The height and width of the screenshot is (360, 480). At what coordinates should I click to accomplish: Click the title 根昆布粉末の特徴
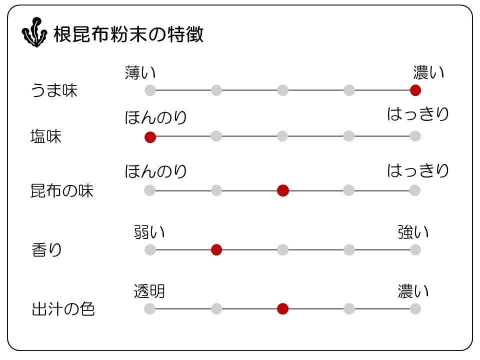(x=128, y=34)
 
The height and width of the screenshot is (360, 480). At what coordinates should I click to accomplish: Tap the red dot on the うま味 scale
(x=415, y=90)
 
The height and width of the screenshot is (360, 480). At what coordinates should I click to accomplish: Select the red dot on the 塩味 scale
(x=150, y=137)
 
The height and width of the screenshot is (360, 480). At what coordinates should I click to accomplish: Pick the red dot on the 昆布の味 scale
(x=283, y=190)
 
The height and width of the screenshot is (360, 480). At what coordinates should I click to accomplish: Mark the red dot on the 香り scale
(x=216, y=249)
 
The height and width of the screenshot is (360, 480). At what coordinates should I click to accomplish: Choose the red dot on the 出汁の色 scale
(x=283, y=308)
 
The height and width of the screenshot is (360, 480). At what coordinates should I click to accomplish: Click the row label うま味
(x=54, y=91)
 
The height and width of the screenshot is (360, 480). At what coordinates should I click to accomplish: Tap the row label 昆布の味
(x=62, y=191)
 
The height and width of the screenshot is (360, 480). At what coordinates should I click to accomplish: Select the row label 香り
(x=46, y=249)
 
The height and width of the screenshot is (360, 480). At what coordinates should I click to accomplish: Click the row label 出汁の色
(x=63, y=309)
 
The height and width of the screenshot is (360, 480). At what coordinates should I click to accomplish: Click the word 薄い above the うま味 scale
(x=140, y=73)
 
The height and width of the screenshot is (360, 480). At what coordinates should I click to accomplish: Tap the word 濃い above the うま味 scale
(x=428, y=73)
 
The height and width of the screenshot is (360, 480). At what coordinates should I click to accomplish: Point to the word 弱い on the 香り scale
(x=149, y=232)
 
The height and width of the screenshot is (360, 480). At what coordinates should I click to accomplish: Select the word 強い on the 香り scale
(x=413, y=232)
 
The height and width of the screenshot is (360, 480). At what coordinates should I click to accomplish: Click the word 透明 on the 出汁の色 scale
(x=149, y=291)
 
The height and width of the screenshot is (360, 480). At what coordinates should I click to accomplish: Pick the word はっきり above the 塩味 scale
(x=418, y=114)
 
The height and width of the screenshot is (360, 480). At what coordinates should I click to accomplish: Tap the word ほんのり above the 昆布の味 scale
(x=156, y=171)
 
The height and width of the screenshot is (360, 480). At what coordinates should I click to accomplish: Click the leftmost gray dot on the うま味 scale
(x=150, y=90)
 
